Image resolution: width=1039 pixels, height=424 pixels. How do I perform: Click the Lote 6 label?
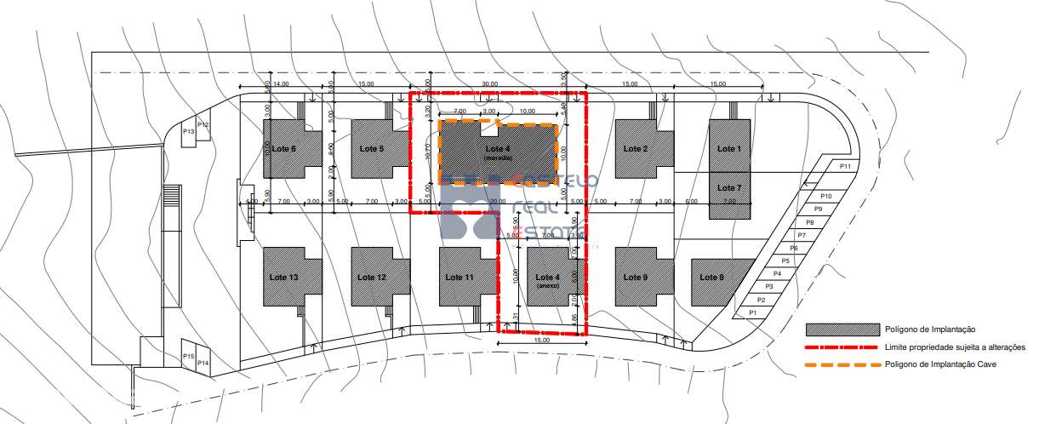pyautogui.click(x=283, y=149)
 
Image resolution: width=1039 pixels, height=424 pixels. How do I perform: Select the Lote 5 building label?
pyautogui.click(x=371, y=149)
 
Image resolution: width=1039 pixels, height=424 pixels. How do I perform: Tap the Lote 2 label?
pyautogui.click(x=636, y=149)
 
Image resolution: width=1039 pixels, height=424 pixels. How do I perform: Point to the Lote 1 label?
pyautogui.click(x=729, y=149)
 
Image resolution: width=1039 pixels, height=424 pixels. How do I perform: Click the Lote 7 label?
pyautogui.click(x=729, y=187)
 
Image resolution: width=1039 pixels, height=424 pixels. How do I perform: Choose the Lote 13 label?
pyautogui.click(x=283, y=278)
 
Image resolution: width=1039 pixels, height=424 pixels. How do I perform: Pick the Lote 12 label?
pyautogui.click(x=372, y=278)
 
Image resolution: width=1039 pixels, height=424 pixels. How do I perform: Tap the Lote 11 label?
pyautogui.click(x=459, y=278)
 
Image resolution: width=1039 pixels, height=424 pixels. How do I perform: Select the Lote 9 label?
pyautogui.click(x=636, y=278)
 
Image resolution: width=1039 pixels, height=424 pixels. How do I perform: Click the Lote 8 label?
pyautogui.click(x=712, y=278)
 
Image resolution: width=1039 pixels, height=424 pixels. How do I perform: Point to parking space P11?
pyautogui.click(x=845, y=166)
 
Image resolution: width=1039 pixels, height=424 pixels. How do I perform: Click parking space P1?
pyautogui.click(x=751, y=313)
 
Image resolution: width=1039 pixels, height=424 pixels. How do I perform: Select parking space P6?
pyautogui.click(x=793, y=248)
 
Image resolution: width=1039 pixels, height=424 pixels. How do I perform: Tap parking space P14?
pyautogui.click(x=203, y=363)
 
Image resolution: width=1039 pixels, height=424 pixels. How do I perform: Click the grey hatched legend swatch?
pyautogui.click(x=842, y=329)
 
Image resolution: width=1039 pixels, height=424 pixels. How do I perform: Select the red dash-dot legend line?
pyautogui.click(x=842, y=347)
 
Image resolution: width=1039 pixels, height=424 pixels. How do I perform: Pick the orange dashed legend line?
pyautogui.click(x=842, y=364)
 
